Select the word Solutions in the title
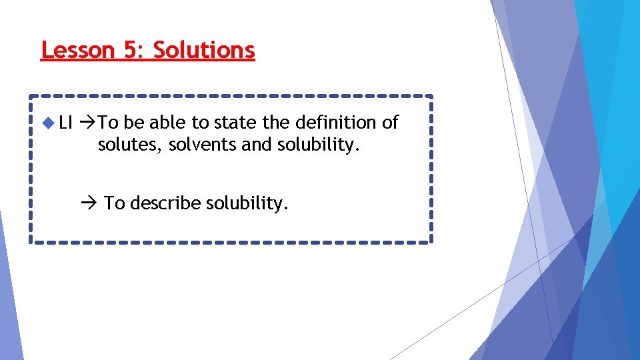204,50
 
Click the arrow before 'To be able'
88,123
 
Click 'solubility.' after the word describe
247,203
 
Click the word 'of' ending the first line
390,123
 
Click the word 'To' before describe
115,203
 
